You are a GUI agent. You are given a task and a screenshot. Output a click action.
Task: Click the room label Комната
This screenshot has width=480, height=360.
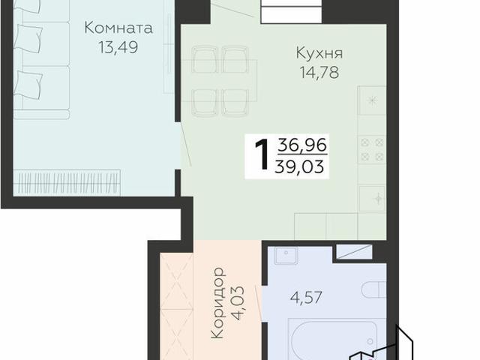click(x=118, y=28)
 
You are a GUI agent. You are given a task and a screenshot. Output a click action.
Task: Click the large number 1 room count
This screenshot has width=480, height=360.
click(x=262, y=156)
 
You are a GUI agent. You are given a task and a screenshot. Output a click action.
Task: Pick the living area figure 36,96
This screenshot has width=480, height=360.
click(x=302, y=145)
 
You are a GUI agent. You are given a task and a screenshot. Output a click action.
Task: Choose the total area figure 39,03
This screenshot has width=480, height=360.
click(x=302, y=166)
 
